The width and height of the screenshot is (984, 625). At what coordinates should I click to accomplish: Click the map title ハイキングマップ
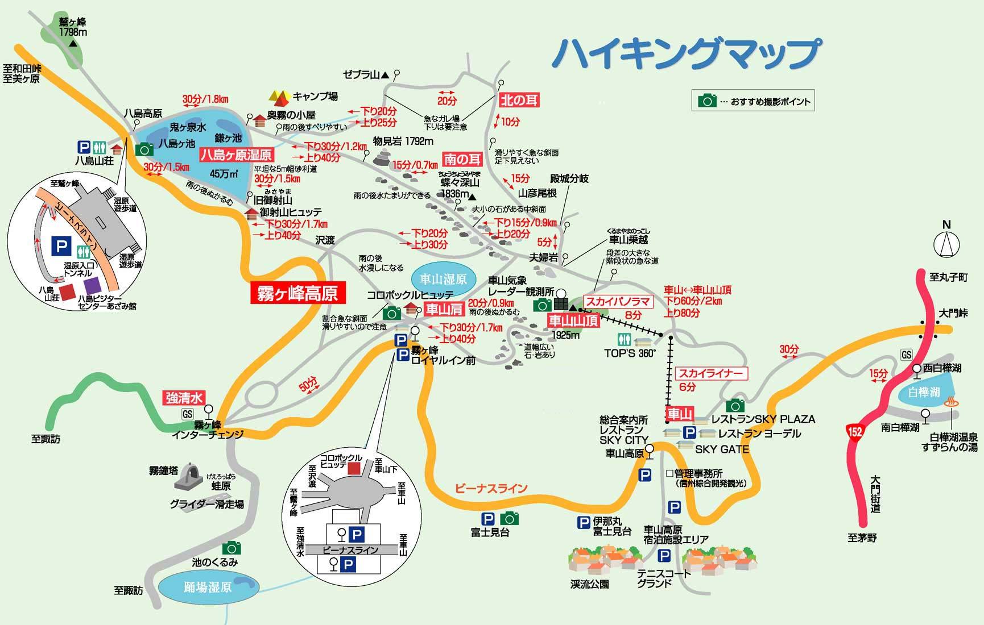(x=688, y=54)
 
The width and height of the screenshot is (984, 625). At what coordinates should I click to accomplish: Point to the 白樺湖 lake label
(x=924, y=392)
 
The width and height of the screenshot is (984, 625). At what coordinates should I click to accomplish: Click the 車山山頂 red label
(x=573, y=320)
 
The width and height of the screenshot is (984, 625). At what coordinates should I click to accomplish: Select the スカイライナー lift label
(x=710, y=373)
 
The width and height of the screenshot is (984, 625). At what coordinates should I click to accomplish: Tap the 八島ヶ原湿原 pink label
(x=236, y=155)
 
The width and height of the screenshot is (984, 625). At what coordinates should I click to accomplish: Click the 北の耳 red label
(x=519, y=100)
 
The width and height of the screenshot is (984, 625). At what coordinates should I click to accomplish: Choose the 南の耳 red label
(x=462, y=159)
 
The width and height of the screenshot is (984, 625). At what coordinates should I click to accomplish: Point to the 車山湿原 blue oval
(x=443, y=279)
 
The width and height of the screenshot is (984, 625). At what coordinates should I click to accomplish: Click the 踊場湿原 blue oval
(x=208, y=586)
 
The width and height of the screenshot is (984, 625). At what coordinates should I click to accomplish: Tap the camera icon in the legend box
(x=707, y=101)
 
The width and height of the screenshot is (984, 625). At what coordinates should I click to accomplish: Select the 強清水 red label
(x=184, y=398)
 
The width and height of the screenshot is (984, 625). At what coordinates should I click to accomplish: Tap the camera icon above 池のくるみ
(x=231, y=548)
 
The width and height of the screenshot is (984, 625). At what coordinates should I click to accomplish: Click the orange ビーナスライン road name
(x=491, y=489)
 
